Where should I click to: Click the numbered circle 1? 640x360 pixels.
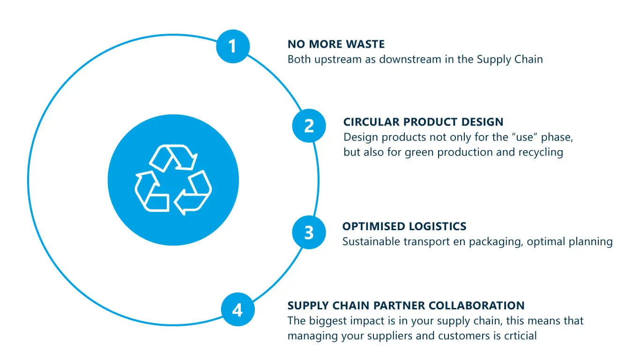233,46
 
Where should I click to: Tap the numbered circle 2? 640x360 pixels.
309,126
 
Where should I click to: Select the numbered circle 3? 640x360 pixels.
309,232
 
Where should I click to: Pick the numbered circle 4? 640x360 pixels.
238,309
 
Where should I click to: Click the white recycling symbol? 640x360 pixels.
173,180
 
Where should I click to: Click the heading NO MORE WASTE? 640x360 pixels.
336,45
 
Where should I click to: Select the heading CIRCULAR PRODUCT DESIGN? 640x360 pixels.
423,122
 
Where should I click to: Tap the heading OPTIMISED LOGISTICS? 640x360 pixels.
404,226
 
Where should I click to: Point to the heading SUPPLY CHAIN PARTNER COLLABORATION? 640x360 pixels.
406,306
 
